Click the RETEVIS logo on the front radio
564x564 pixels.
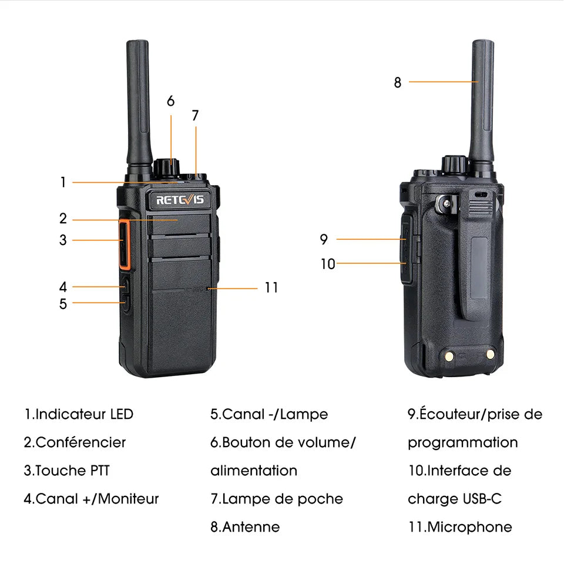point(180,200)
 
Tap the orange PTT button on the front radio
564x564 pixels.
point(124,244)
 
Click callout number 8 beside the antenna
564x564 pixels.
point(398,82)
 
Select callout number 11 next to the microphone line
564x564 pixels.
point(271,288)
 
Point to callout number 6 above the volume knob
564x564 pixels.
point(171,101)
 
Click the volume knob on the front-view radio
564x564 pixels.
point(166,167)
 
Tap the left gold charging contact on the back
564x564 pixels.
point(449,357)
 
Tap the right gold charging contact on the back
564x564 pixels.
point(490,355)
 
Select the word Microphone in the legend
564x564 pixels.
point(470,527)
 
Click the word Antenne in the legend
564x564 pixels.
point(251,527)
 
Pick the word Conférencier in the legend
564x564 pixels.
point(80,442)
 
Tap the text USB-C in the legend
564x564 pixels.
point(482,499)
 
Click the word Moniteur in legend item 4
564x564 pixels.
point(128,499)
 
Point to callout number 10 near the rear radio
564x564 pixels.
point(328,264)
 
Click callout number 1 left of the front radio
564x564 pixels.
point(63,182)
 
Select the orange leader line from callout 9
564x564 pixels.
point(371,239)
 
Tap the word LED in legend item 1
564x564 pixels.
point(122,414)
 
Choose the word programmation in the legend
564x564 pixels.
point(463,443)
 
